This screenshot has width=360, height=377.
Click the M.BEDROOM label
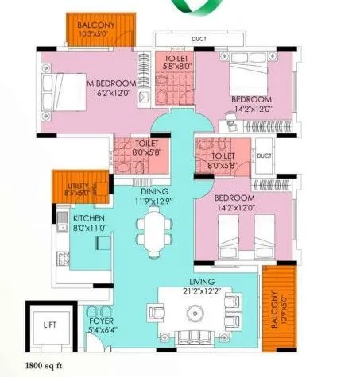tap(112, 83)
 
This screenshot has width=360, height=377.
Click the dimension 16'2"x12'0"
tap(112, 93)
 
